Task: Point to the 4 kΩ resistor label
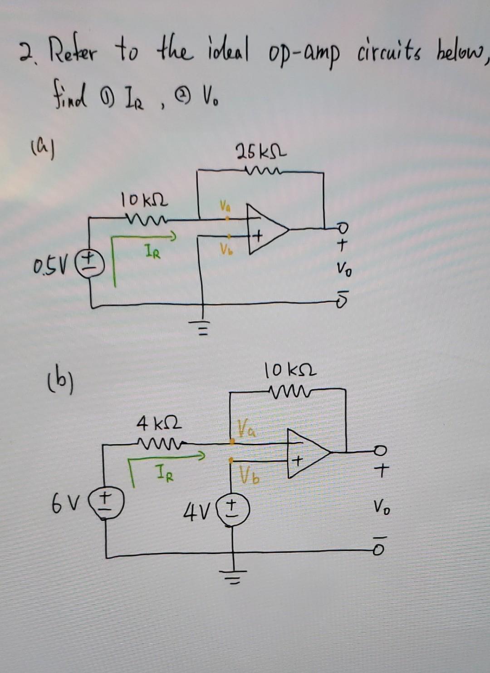[159, 425]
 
